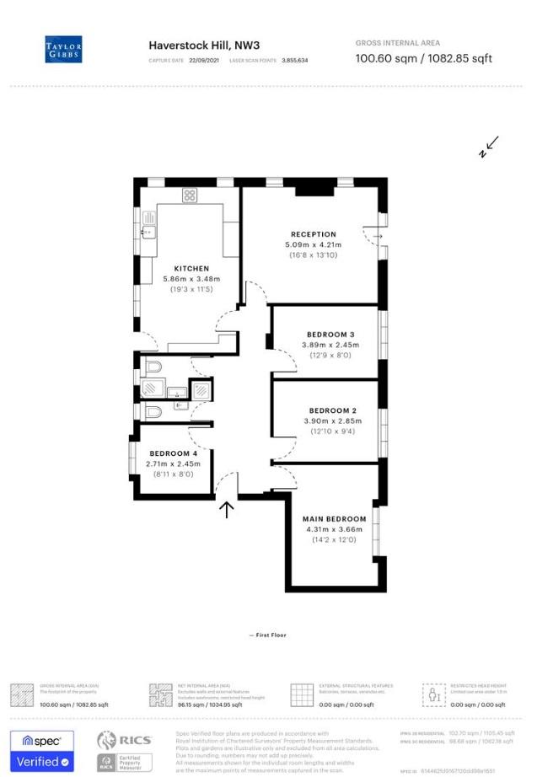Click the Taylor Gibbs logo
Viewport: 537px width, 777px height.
(x=63, y=50)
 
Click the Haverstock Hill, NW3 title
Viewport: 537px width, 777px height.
(x=204, y=46)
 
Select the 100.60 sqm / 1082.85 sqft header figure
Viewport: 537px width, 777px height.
(x=424, y=58)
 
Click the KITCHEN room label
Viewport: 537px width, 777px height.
(x=191, y=269)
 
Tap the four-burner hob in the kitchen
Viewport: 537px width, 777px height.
(x=190, y=196)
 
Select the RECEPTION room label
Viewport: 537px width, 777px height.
(x=313, y=234)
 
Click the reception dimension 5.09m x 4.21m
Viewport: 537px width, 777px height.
(x=313, y=244)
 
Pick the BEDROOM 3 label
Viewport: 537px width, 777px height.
(x=330, y=335)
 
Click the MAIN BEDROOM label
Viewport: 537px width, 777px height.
(x=336, y=519)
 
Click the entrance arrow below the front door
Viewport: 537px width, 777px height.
(x=226, y=509)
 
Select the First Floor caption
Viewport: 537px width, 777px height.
(x=268, y=635)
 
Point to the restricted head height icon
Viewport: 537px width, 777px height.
(x=434, y=694)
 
